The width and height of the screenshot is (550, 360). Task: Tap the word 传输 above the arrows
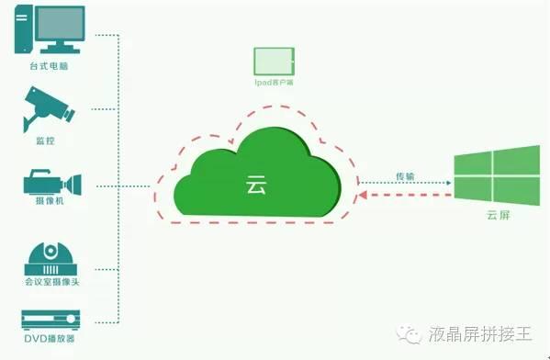(404, 175)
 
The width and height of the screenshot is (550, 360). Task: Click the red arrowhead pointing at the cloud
(365, 195)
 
